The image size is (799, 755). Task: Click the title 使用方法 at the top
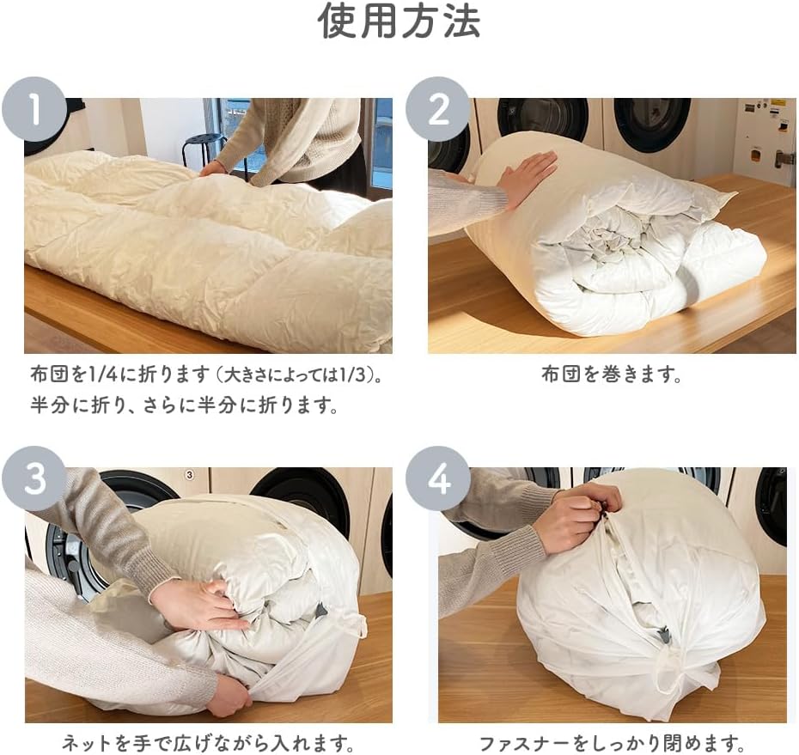pos(399,21)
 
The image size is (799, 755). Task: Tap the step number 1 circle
pos(34,109)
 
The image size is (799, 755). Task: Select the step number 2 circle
pos(437,109)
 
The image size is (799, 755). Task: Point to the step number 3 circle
pos(34,478)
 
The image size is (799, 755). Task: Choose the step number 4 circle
pos(437,478)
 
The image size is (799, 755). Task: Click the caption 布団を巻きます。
pos(612,375)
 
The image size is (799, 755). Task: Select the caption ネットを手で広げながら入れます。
pos(208,743)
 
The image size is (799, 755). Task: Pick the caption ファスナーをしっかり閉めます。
pos(612,743)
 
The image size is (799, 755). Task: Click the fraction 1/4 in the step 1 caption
pos(103,375)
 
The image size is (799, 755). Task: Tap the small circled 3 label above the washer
pos(190,475)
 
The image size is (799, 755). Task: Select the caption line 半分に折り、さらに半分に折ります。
pos(184,405)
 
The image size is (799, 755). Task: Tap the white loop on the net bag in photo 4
pos(664,672)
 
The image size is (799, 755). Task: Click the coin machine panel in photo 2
pos(765,137)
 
